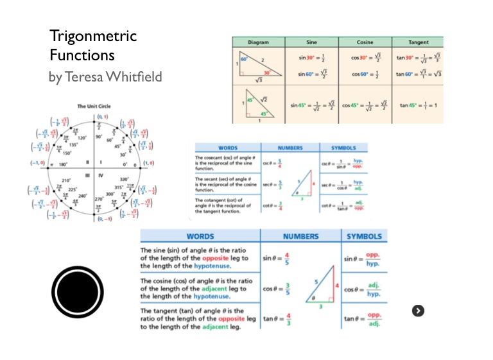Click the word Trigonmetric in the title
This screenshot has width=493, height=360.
(93, 36)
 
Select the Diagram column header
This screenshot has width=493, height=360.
(257, 42)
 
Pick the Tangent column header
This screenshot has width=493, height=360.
(417, 42)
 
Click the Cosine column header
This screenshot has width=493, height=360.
(365, 42)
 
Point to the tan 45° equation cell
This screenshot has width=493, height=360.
(417, 105)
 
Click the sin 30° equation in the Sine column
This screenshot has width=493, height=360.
(312, 58)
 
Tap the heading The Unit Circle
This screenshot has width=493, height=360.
(95, 106)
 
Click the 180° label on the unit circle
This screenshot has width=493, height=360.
(64, 164)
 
